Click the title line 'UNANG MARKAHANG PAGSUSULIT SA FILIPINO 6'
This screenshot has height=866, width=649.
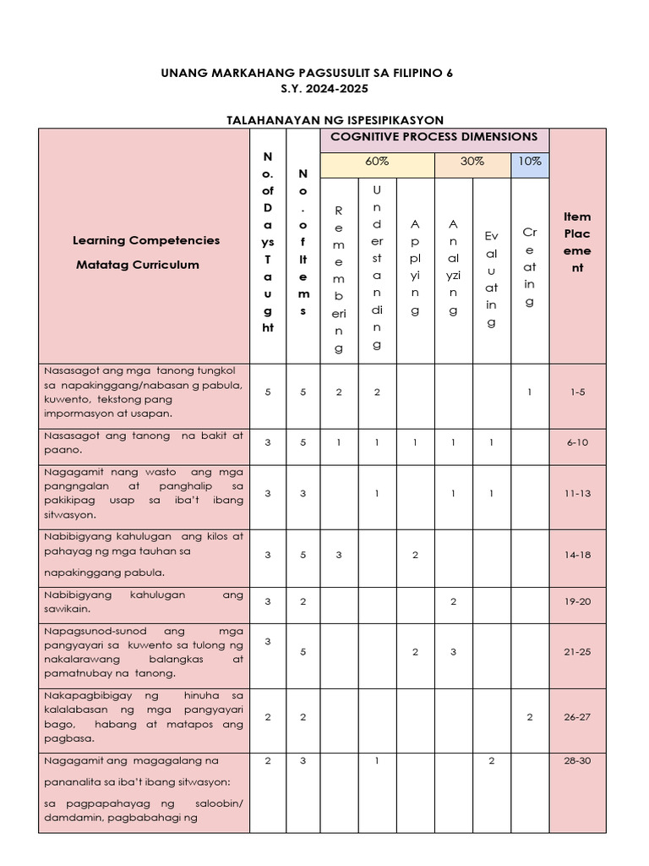pos(307,74)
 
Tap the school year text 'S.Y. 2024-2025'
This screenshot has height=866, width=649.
pos(307,89)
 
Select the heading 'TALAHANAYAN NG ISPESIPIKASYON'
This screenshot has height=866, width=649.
pos(335,120)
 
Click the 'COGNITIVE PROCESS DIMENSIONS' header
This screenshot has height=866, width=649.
pos(434,137)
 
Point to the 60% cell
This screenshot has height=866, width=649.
pos(377,162)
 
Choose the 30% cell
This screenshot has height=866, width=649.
pos(472,162)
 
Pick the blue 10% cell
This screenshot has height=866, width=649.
pos(530,162)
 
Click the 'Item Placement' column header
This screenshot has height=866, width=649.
pos(578,242)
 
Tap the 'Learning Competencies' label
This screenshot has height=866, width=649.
pos(146,240)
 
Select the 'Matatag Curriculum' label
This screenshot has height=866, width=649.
pos(138,265)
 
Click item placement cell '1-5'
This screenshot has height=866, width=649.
pos(578,392)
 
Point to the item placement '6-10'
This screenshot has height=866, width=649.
pos(578,442)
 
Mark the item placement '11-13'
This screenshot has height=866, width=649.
pos(578,494)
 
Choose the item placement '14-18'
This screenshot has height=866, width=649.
pos(578,556)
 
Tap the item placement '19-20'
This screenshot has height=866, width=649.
pos(578,602)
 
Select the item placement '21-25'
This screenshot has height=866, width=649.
pos(578,652)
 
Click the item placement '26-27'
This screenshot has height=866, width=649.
pos(578,717)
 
